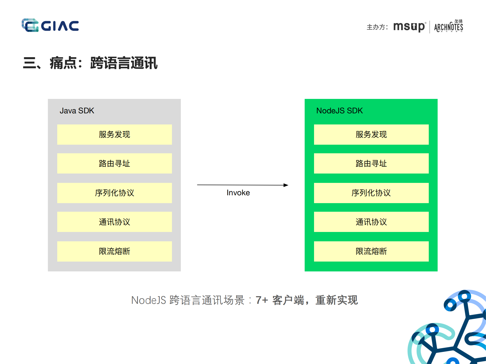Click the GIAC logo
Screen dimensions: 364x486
pos(50,25)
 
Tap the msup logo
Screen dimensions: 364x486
pos(409,27)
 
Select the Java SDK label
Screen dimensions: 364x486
pos(77,111)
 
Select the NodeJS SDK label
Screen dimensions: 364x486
pos(339,111)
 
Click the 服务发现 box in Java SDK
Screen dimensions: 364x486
pos(114,134)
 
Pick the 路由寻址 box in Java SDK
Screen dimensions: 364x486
pos(114,163)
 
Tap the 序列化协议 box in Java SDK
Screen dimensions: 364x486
pos(114,193)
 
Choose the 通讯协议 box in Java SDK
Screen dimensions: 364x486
pos(114,222)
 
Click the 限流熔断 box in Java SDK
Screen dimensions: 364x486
pos(114,251)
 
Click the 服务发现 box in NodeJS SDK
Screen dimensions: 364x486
pos(371,134)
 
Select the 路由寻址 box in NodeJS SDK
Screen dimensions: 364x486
pos(371,163)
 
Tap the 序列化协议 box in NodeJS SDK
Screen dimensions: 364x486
pos(371,193)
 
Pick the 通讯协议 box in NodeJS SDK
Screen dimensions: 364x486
pos(371,222)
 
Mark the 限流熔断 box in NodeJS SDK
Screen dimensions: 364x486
pos(371,251)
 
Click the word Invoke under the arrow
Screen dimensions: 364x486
pos(238,193)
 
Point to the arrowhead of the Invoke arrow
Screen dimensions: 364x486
pos(286,185)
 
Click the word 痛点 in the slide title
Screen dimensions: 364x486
pos(63,63)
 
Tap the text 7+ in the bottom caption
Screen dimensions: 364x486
pos(262,300)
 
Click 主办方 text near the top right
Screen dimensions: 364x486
pos(376,27)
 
